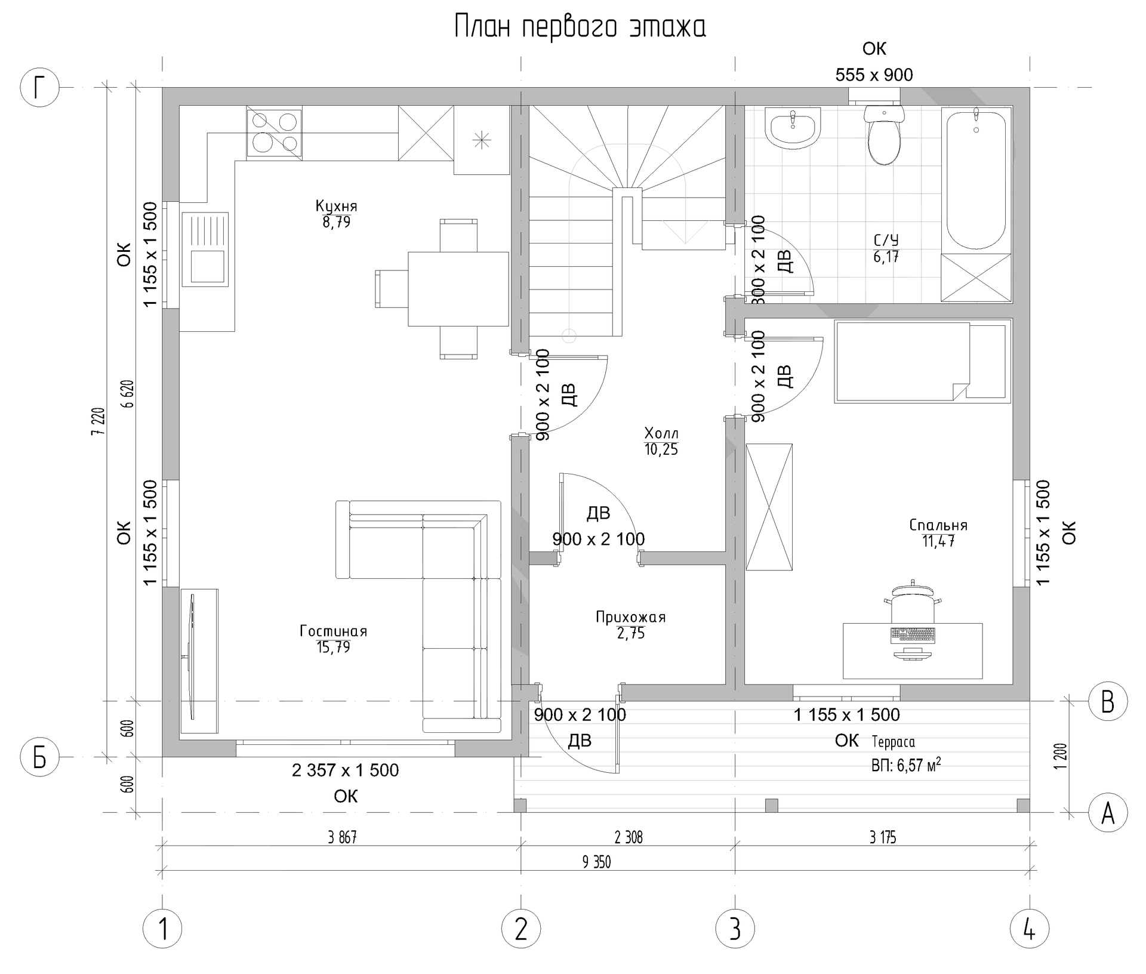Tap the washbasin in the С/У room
coord(792,128)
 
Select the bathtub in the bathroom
coord(976,179)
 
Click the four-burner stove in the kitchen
coord(274,133)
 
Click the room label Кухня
coord(336,206)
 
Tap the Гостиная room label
coord(333,631)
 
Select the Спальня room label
coord(938,525)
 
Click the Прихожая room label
coord(630,617)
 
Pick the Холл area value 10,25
coord(661,449)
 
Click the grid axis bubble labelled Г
coord(39,88)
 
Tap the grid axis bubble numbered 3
coord(735,929)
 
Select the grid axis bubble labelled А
coord(1108,813)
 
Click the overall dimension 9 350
coord(596,862)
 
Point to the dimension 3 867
coord(342,837)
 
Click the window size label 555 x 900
coord(874,75)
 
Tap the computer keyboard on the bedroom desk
coord(913,635)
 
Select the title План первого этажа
coord(580,27)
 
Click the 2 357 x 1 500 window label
coord(345,770)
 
